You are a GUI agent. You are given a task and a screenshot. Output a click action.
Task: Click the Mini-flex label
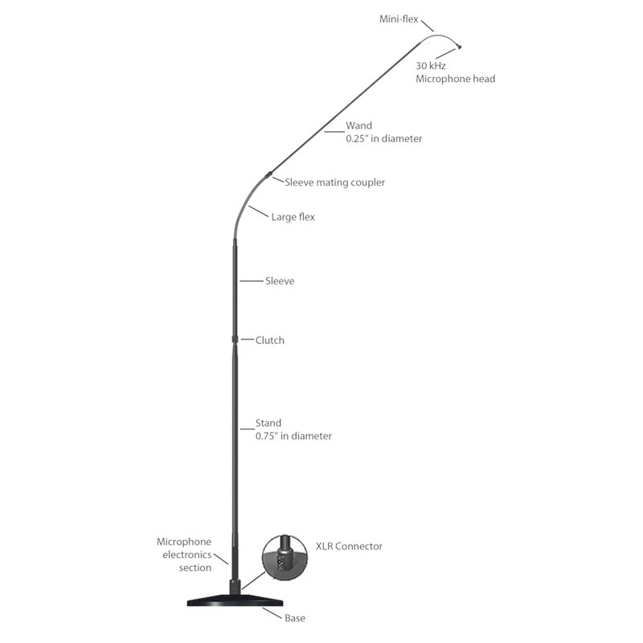tap(399, 19)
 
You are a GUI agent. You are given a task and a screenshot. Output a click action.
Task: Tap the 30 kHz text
tap(431, 66)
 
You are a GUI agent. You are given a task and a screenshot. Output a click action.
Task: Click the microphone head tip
tap(460, 47)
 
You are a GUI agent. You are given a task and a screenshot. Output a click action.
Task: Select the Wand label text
tap(358, 125)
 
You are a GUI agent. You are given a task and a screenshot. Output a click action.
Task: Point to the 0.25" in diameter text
tap(384, 138)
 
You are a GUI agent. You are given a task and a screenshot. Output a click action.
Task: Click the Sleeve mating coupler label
tap(334, 182)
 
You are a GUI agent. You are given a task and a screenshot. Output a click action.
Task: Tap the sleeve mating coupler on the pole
tap(268, 174)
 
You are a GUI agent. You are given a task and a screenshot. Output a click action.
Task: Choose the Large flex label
tap(293, 217)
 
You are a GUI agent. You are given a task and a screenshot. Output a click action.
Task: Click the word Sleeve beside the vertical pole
tap(280, 281)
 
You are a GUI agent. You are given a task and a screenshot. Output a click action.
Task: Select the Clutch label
tap(269, 340)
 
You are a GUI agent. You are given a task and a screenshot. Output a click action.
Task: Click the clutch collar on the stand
tap(235, 339)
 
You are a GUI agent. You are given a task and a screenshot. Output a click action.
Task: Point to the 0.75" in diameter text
tap(293, 436)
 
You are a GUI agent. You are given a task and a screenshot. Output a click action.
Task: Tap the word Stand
tap(268, 423)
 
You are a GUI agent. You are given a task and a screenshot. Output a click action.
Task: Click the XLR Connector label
tap(349, 547)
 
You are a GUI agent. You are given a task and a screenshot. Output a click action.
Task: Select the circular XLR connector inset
tap(285, 557)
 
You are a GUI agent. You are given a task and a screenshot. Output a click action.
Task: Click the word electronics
tap(187, 555)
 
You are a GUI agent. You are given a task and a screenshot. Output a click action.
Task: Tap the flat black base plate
tap(235, 600)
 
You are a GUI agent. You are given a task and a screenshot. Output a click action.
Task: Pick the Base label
tap(295, 618)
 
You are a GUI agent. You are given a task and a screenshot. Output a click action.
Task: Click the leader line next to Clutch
tap(248, 339)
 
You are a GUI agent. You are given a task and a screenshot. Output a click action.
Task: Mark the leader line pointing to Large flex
tap(258, 211)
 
